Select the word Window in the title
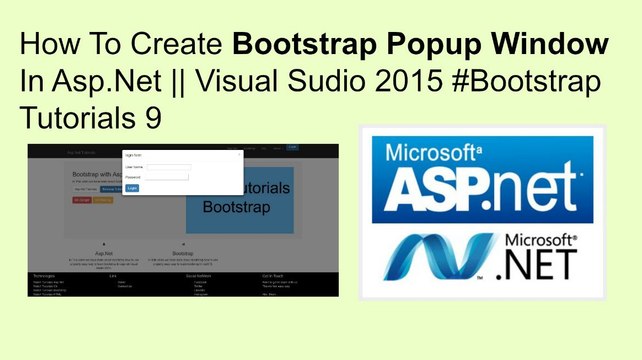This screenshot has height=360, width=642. [x=557, y=46]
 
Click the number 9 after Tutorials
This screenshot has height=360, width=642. [x=150, y=119]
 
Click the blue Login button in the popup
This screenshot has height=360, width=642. [x=132, y=187]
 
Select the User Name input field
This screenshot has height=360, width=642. [x=168, y=167]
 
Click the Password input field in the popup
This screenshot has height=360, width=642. [x=168, y=177]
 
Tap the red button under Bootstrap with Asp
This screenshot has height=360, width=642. [x=82, y=200]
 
